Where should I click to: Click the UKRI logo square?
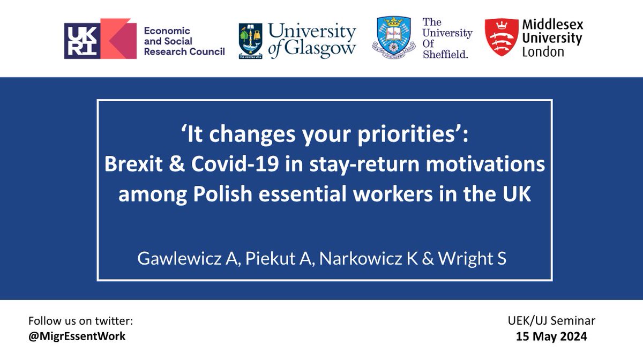click(82, 41)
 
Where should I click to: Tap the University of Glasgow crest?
click(250, 41)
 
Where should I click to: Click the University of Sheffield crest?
click(394, 37)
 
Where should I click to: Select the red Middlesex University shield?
click(502, 37)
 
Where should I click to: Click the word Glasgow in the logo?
click(320, 49)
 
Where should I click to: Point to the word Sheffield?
click(445, 54)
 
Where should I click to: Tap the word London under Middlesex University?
click(543, 52)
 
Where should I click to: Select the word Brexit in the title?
click(133, 164)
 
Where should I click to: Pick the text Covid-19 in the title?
click(235, 164)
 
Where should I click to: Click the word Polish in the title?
click(222, 194)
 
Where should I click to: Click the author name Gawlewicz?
click(180, 258)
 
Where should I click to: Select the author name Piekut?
click(268, 258)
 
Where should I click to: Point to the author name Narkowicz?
click(361, 258)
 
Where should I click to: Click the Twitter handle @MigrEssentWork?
click(77, 336)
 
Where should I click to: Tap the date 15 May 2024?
click(551, 336)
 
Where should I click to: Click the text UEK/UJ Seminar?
click(551, 321)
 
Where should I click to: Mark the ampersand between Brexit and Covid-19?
click(177, 164)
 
